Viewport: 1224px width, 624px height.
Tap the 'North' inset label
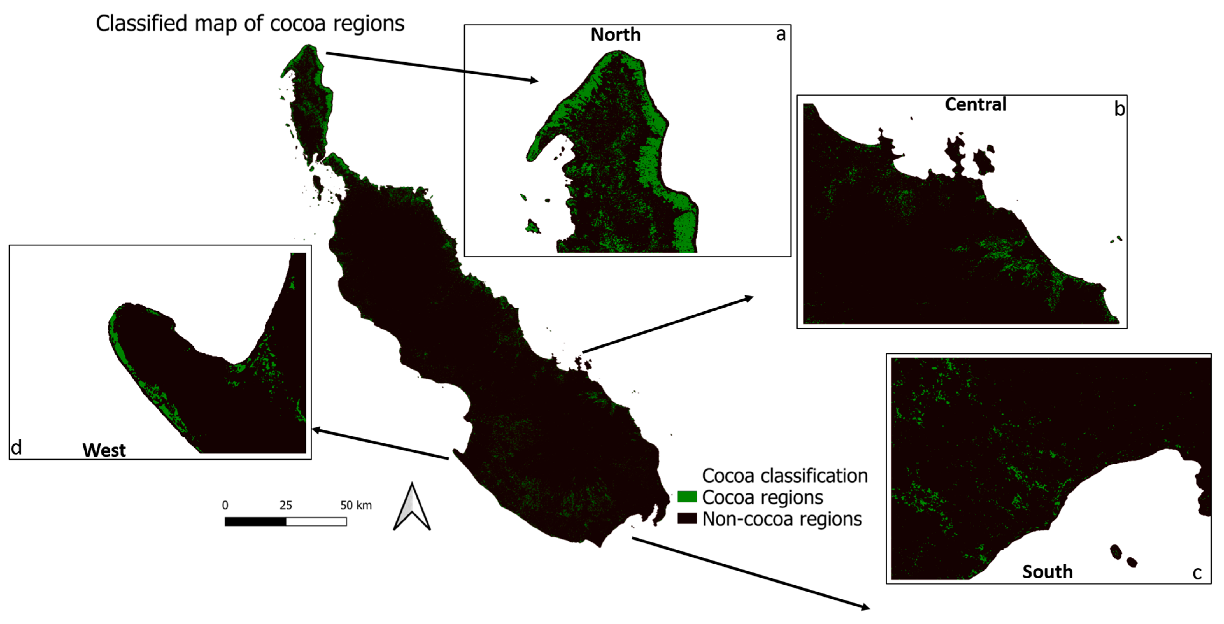[615, 35]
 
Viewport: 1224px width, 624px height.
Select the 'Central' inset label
[975, 104]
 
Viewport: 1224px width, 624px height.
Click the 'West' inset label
[104, 450]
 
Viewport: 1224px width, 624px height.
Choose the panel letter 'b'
[1120, 109]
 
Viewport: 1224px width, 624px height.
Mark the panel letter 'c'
[1197, 573]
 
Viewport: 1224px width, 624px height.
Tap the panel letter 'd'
[16, 447]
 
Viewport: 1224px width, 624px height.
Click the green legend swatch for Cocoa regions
[687, 497]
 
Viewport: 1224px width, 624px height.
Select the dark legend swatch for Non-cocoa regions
[687, 518]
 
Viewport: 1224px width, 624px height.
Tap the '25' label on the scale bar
[286, 505]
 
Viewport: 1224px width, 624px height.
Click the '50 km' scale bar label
[356, 505]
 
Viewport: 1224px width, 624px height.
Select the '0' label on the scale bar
[225, 505]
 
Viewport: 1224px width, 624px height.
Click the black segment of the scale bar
[256, 521]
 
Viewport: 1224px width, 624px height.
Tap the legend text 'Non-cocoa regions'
[782, 519]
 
